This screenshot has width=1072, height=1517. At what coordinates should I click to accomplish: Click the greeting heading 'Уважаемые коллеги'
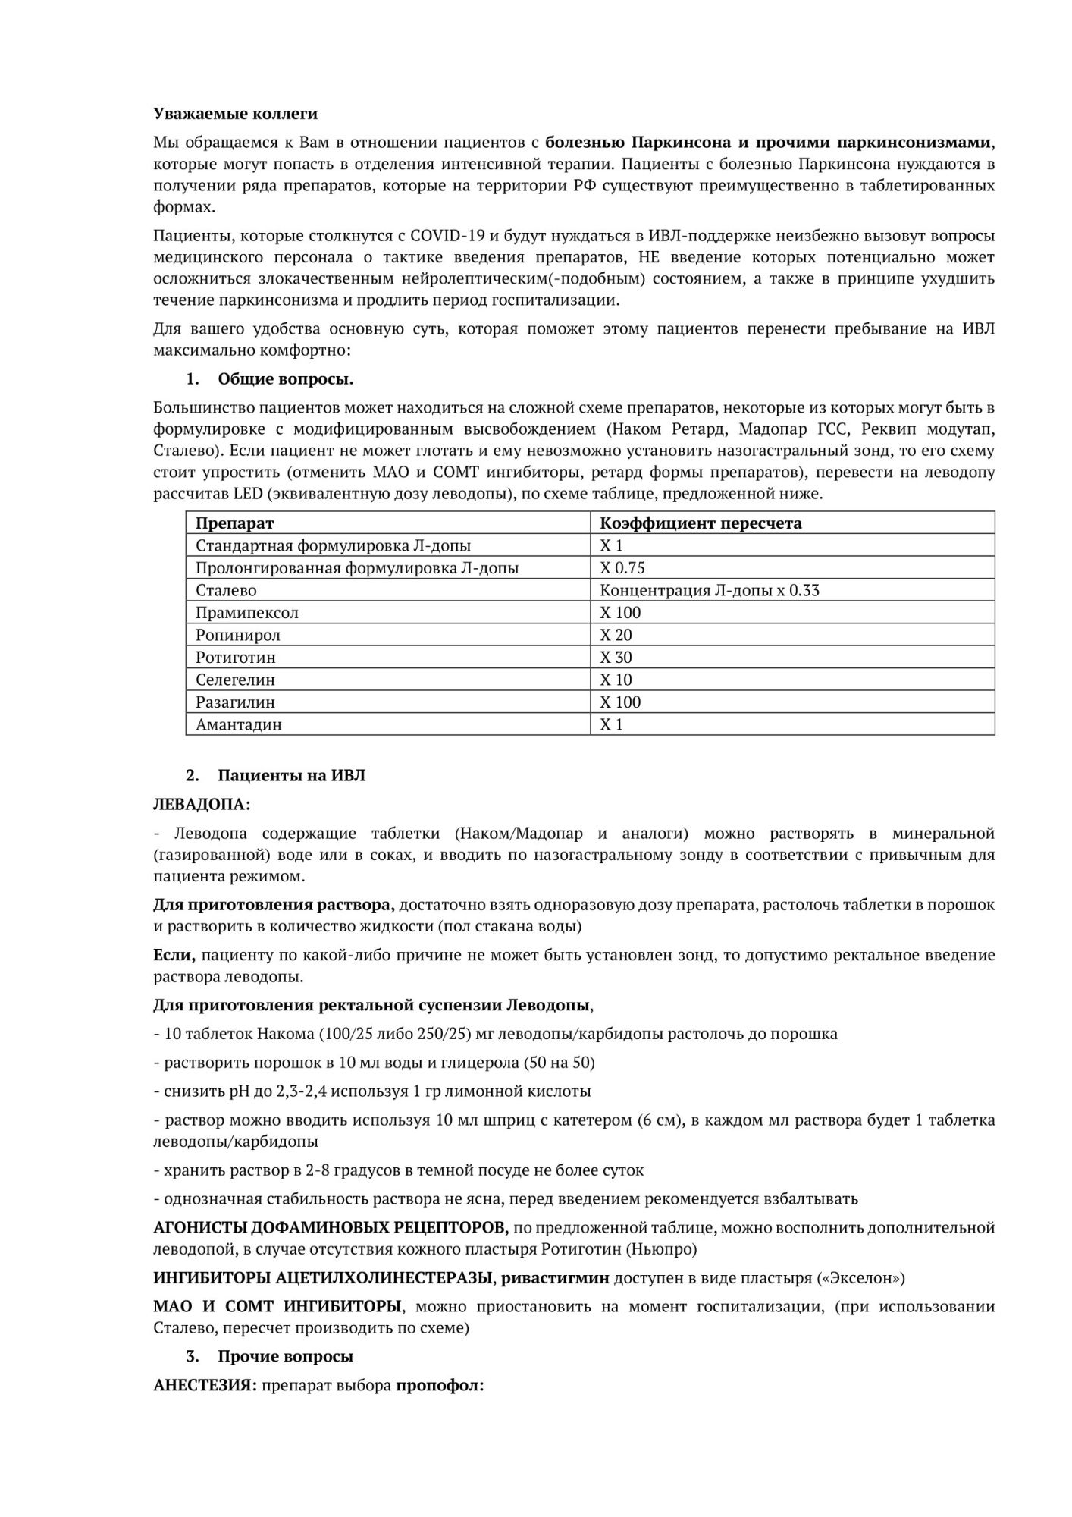(x=235, y=114)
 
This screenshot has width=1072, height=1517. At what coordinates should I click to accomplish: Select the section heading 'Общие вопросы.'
(x=285, y=378)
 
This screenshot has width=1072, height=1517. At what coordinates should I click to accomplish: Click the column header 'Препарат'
(x=235, y=523)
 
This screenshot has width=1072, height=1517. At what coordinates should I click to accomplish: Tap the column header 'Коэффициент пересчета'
(x=701, y=523)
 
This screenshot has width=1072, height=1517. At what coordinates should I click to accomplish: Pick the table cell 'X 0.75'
(x=622, y=567)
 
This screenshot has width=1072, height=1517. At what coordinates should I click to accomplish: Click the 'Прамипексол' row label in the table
(x=247, y=612)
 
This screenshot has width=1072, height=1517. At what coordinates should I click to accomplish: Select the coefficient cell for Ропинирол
(x=616, y=635)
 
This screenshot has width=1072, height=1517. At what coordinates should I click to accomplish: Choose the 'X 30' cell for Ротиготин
(x=616, y=657)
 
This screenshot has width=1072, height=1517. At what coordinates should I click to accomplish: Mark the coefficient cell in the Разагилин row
(x=620, y=702)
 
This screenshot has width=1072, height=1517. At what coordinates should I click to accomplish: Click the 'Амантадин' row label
(x=239, y=724)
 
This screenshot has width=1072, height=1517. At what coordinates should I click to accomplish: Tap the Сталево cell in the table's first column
(x=226, y=590)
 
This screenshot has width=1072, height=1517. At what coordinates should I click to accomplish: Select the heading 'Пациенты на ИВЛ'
(x=291, y=775)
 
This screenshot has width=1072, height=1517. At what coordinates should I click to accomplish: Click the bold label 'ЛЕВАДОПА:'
(x=202, y=804)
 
